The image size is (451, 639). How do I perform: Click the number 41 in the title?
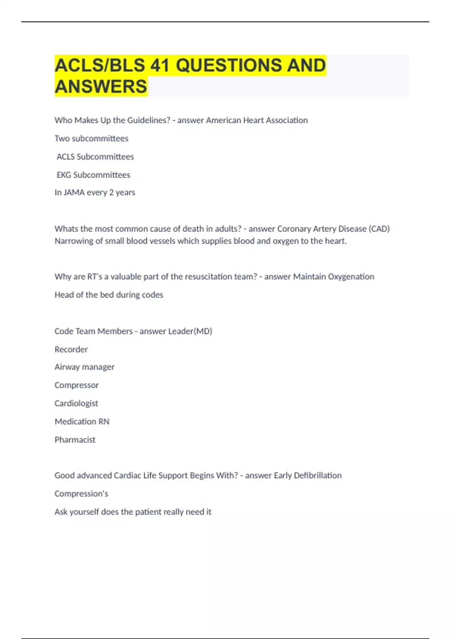click(x=159, y=65)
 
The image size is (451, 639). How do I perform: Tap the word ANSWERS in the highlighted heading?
click(x=101, y=86)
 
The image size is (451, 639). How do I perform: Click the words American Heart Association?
click(x=257, y=120)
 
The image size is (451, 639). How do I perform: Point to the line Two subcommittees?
click(x=91, y=139)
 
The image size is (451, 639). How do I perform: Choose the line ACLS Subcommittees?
click(x=95, y=157)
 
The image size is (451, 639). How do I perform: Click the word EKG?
click(x=64, y=175)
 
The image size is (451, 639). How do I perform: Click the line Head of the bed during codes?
click(x=109, y=295)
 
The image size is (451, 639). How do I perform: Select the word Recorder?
click(x=71, y=350)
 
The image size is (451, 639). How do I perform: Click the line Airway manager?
click(x=84, y=367)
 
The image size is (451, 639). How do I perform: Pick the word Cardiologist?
click(x=76, y=403)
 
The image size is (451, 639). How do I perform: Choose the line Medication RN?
click(x=82, y=422)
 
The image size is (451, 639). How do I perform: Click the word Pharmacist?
click(x=75, y=440)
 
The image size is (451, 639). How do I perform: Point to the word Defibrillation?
click(x=318, y=475)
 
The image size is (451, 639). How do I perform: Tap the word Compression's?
click(x=81, y=494)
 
